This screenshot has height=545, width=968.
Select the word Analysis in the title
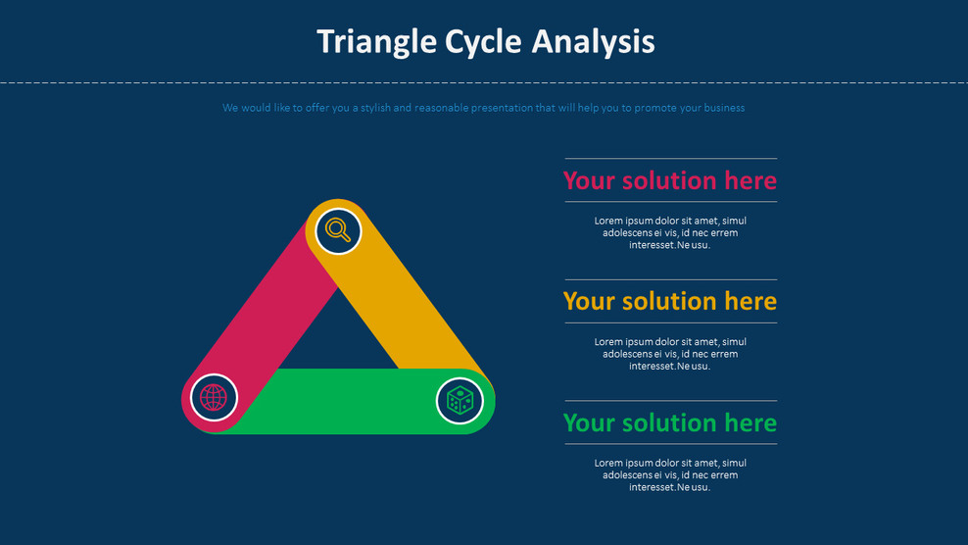point(593,42)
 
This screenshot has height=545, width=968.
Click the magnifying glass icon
point(338,231)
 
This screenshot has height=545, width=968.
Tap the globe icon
point(214,397)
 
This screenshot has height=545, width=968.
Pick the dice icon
point(460,400)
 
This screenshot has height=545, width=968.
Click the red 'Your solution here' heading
point(669,180)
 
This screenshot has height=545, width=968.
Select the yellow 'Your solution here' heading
point(669,301)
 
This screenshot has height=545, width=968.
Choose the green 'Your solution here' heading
point(669,422)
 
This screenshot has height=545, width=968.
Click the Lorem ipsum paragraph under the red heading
point(670,233)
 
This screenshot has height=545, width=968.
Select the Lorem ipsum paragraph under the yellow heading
point(670,354)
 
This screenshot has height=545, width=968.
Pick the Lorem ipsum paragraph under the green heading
point(670,475)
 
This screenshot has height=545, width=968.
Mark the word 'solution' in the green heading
point(669,422)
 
